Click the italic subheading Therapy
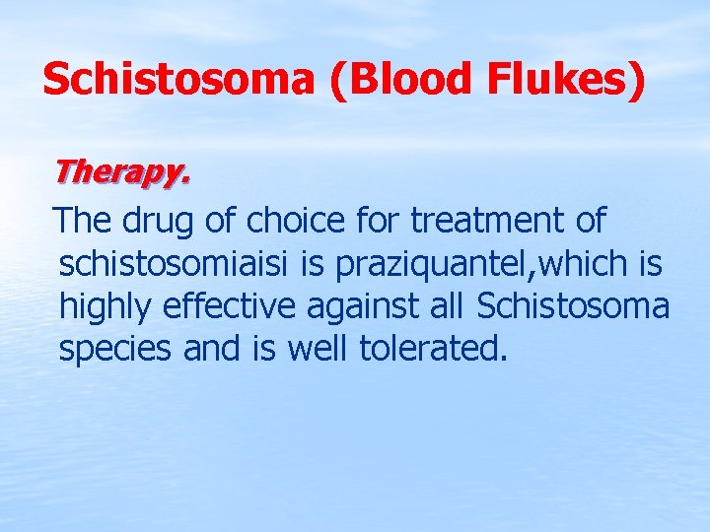tap(120, 171)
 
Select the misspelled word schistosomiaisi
tap(177, 263)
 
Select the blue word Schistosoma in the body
tap(572, 306)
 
